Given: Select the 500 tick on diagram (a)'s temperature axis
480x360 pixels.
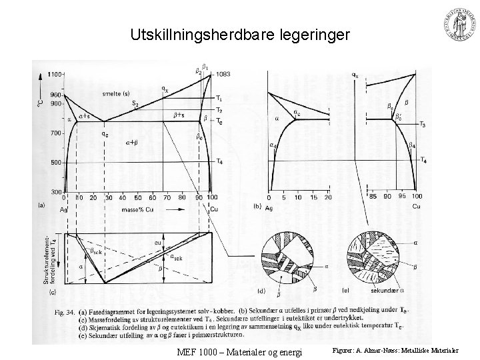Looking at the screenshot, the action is [x=55, y=162].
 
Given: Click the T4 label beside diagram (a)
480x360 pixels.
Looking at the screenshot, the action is [x=220, y=162].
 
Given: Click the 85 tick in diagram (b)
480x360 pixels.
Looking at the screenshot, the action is [x=373, y=197].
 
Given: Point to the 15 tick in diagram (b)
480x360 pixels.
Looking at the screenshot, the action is [x=313, y=197].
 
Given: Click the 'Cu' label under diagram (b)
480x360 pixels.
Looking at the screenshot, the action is [x=416, y=207].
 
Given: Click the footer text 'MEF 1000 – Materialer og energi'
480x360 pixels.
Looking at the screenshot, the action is [x=241, y=351].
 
